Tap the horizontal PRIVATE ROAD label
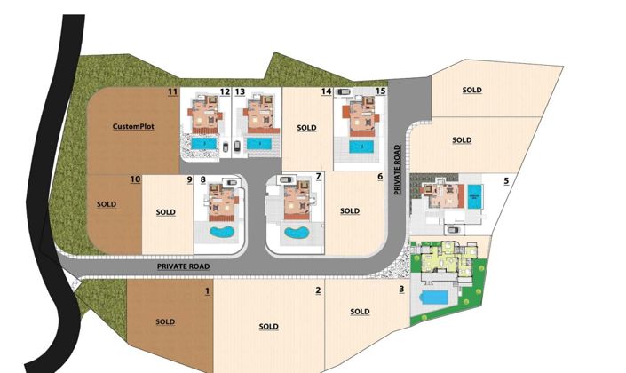pyautogui.click(x=183, y=266)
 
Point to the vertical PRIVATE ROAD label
pyautogui.click(x=398, y=171)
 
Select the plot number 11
pyautogui.click(x=172, y=91)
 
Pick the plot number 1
pyautogui.click(x=207, y=290)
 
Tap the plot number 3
pyautogui.click(x=401, y=290)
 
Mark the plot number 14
pyautogui.click(x=326, y=91)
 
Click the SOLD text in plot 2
pyautogui.click(x=268, y=327)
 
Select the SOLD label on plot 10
pyautogui.click(x=106, y=203)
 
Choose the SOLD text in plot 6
pyautogui.click(x=350, y=211)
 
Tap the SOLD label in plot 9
pyautogui.click(x=165, y=212)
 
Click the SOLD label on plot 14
pyautogui.click(x=306, y=128)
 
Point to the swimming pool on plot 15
pyautogui.click(x=361, y=146)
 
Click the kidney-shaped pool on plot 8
pyautogui.click(x=219, y=233)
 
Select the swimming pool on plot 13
pyautogui.click(x=258, y=143)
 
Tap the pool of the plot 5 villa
pyautogui.click(x=474, y=196)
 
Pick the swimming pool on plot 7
pyautogui.click(x=293, y=234)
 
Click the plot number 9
pyautogui.click(x=189, y=179)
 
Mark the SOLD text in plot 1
pyautogui.click(x=165, y=321)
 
